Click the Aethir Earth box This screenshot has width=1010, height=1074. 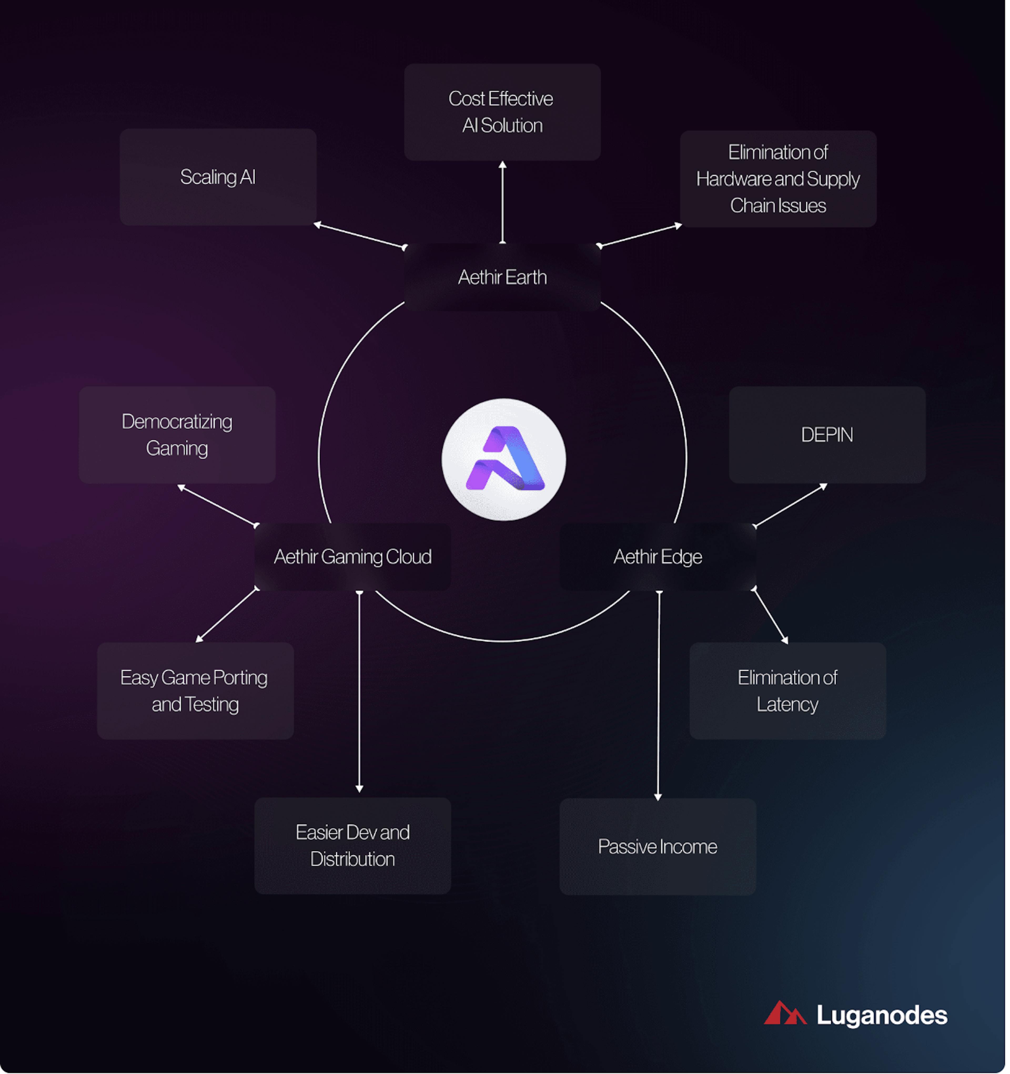coord(502,277)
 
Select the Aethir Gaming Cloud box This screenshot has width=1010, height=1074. coord(352,557)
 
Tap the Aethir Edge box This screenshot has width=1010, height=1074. coord(658,557)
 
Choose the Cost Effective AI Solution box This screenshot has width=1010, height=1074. coord(502,112)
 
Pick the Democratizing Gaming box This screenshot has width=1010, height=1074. coord(177,435)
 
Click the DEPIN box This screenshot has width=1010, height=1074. coord(827,435)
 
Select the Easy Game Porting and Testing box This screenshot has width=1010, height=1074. coord(195,691)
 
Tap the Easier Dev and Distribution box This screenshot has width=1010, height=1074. coord(352,845)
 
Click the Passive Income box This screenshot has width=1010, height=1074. coord(658,846)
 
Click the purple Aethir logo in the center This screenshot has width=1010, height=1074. coord(504,460)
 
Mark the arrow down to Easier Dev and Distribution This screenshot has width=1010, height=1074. coord(360,691)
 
